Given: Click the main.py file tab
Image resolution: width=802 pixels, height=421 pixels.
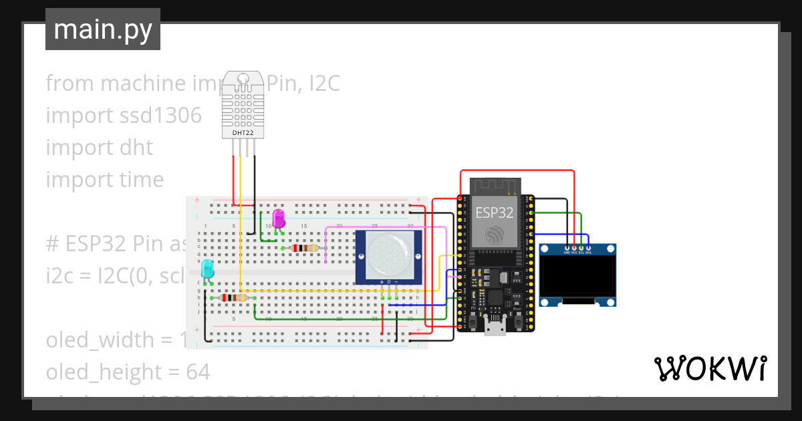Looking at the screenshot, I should point(102,29).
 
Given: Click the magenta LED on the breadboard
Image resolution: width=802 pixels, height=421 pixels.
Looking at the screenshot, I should point(279,219).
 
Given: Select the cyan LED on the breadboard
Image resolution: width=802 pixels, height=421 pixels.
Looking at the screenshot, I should point(207,269).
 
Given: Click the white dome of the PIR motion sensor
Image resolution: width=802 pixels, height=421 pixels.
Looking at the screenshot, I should point(388,255).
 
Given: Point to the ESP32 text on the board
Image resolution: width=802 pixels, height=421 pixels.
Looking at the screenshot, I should point(495,213).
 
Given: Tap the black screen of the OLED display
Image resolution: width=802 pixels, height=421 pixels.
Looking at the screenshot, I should point(577,279).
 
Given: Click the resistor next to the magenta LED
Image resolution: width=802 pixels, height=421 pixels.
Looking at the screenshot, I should point(305,249).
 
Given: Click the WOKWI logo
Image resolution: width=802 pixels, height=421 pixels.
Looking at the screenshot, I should point(710,368).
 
